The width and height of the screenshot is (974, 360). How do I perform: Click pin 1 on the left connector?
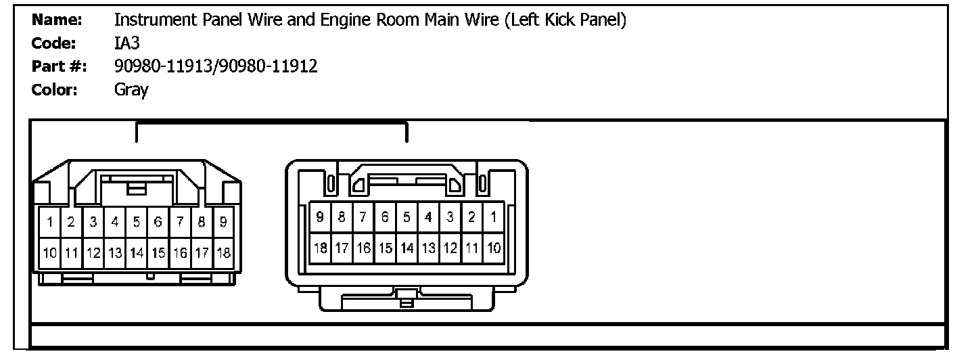(50, 221)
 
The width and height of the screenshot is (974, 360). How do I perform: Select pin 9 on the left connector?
(223, 221)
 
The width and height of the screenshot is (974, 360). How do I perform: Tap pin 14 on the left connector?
(137, 254)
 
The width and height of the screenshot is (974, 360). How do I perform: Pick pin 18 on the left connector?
(223, 254)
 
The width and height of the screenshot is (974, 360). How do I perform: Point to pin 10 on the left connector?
(50, 254)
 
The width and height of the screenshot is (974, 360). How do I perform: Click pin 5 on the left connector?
(137, 221)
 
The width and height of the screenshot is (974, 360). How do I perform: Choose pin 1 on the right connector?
(494, 217)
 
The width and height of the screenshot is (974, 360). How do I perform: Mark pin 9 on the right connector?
(319, 217)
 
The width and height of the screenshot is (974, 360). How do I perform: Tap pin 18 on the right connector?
(319, 248)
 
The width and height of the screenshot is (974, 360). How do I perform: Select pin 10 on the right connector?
(494, 248)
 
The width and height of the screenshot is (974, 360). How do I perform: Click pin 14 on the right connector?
(407, 248)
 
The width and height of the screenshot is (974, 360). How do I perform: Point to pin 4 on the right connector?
(428, 217)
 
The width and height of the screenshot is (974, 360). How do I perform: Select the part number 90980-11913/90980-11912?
(216, 66)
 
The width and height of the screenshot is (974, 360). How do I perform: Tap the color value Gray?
(131, 89)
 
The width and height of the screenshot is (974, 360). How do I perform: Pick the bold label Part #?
(57, 66)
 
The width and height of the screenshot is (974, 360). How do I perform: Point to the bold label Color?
(55, 89)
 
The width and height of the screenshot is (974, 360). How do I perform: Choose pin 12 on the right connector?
(450, 248)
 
